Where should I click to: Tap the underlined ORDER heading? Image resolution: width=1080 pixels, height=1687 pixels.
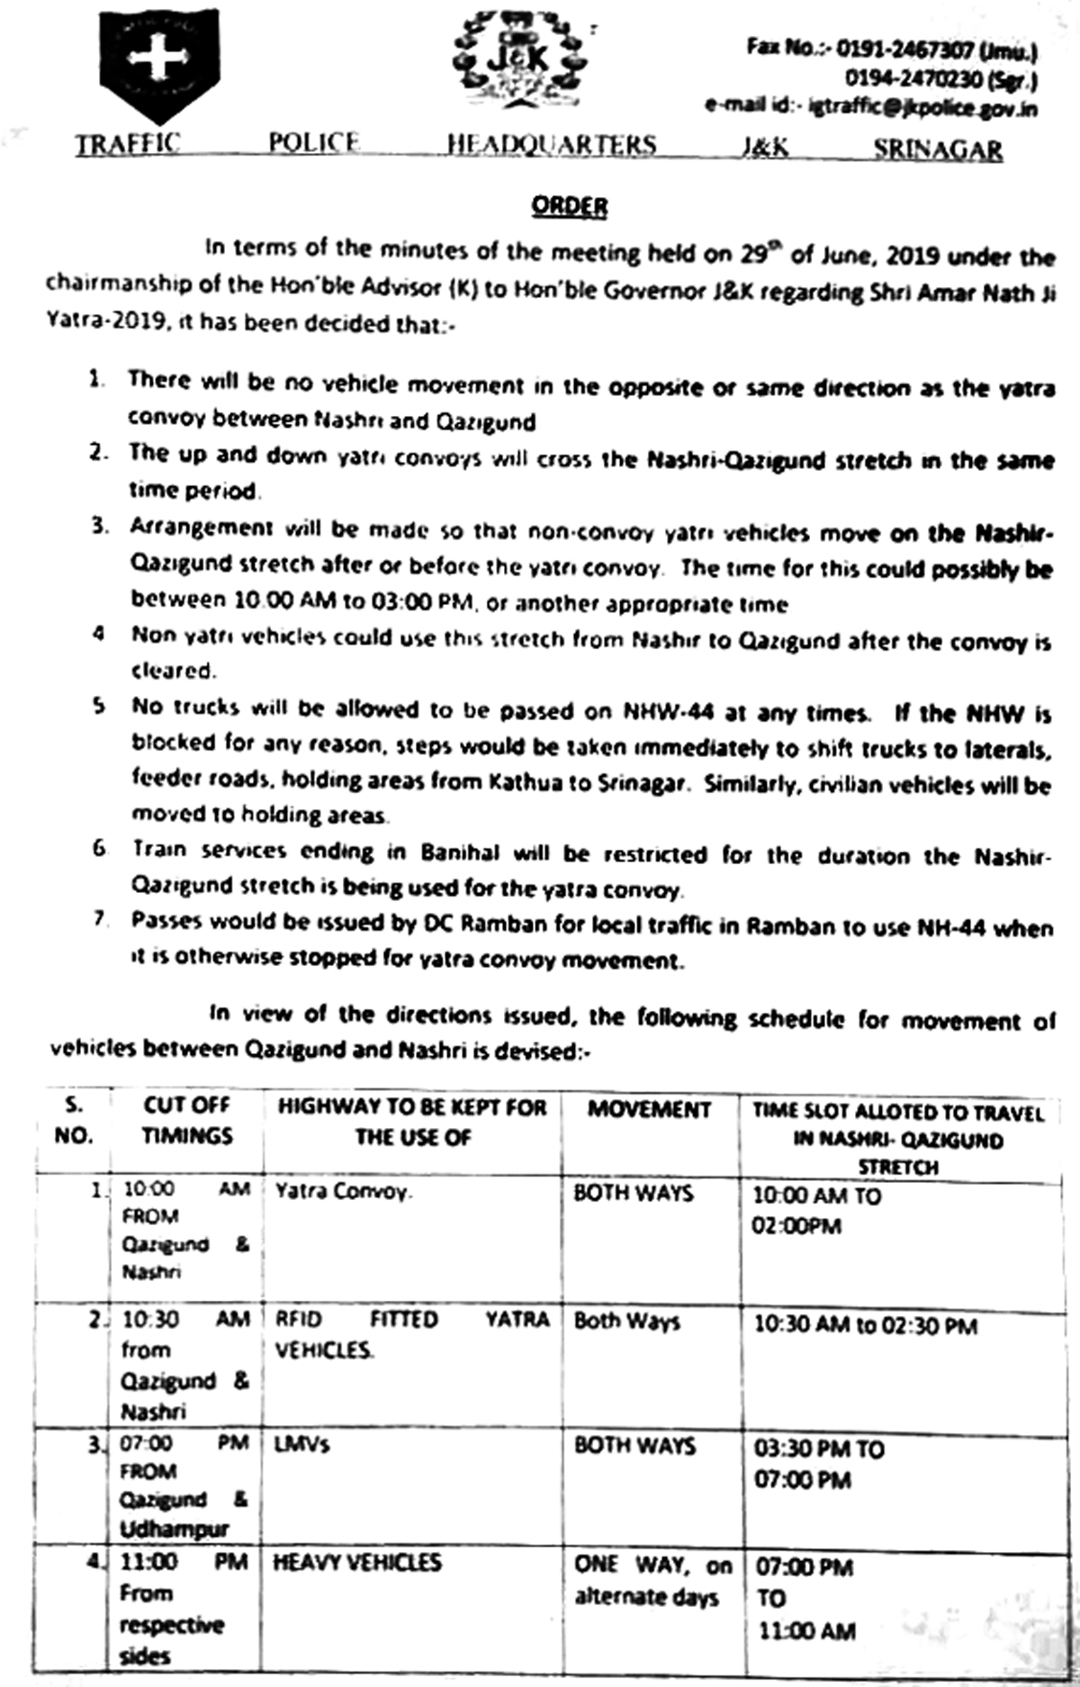tap(569, 207)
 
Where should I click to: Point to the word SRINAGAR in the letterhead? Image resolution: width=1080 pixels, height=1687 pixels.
tap(937, 149)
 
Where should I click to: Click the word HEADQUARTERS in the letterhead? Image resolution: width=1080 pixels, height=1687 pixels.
tap(552, 145)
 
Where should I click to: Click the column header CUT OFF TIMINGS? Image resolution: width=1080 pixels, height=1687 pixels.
tap(187, 1120)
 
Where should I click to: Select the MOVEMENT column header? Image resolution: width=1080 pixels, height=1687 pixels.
tap(649, 1109)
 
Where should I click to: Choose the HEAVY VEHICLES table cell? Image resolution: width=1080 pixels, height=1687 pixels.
tap(357, 1562)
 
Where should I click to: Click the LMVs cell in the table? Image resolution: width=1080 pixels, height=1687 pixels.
tap(302, 1445)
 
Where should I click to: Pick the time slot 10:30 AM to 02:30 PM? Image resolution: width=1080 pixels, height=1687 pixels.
tap(865, 1325)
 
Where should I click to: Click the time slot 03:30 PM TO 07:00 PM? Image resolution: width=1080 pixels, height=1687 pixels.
tap(819, 1464)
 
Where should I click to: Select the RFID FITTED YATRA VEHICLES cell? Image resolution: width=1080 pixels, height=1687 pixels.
tap(411, 1334)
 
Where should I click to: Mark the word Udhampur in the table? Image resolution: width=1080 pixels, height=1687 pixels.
tap(175, 1529)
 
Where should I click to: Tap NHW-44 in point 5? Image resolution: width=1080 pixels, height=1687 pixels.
tap(669, 711)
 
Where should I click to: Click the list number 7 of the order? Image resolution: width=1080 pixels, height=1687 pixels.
tap(100, 919)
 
